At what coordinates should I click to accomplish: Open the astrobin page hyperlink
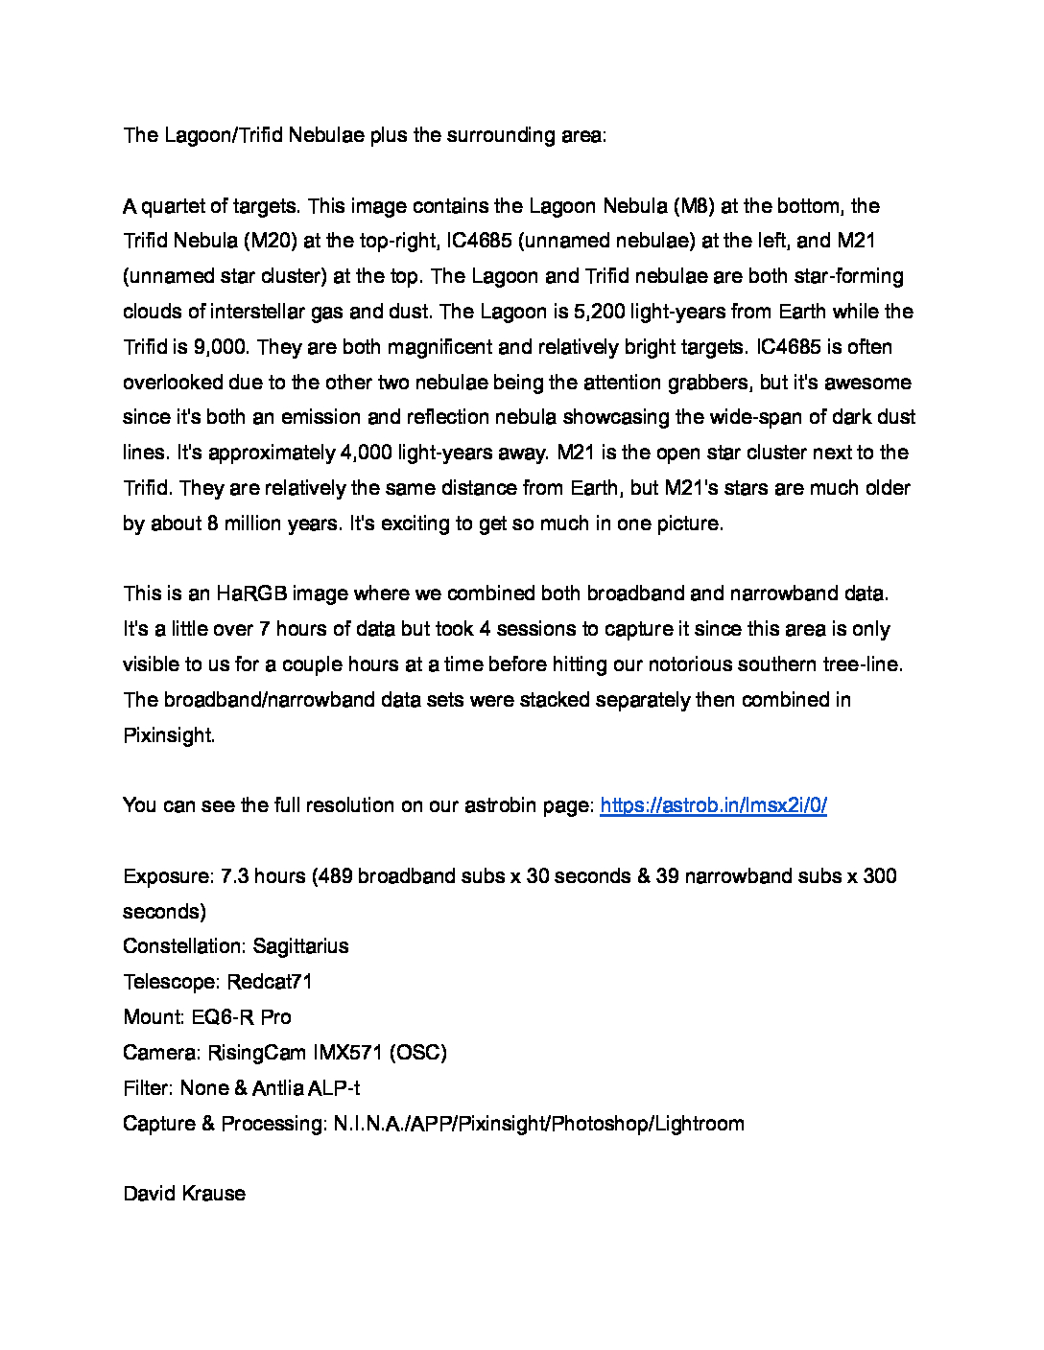(x=713, y=805)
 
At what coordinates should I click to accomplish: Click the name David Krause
(x=184, y=1194)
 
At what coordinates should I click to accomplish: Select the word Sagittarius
(x=300, y=946)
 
